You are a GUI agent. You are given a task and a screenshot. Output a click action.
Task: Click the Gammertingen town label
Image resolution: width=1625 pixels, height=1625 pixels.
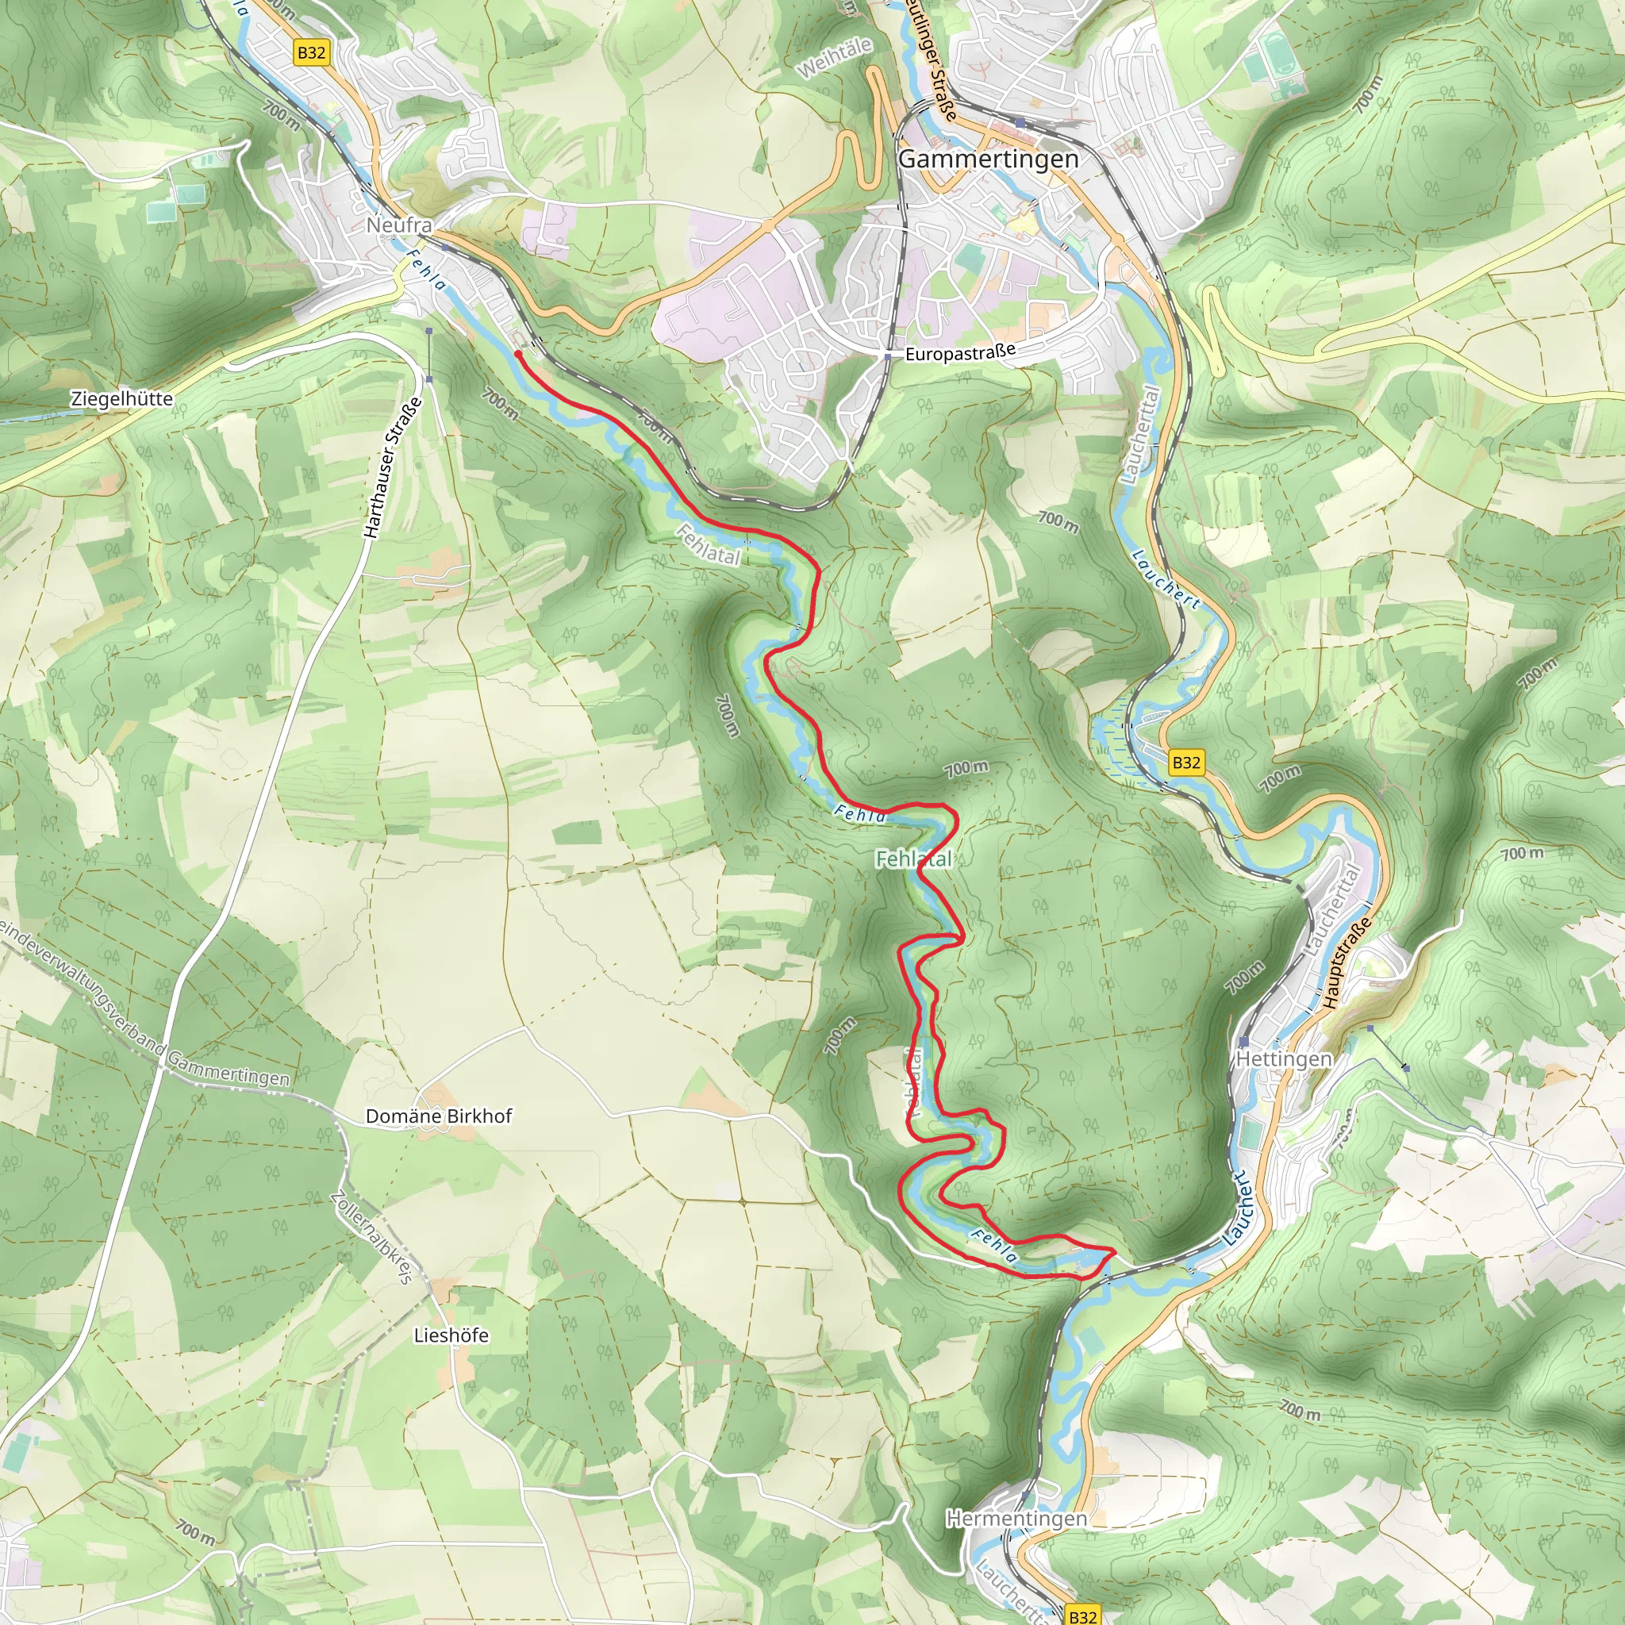(x=989, y=159)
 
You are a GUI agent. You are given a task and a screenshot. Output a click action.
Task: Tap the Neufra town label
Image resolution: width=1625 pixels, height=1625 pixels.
(x=398, y=225)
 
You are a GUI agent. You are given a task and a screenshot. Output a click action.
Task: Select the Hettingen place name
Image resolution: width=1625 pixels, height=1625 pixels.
(x=1285, y=1058)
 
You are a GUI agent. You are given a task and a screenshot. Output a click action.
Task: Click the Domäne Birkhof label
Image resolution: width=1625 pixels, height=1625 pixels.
(x=438, y=1116)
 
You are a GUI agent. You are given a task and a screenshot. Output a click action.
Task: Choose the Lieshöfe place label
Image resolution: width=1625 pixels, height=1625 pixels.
(x=451, y=1335)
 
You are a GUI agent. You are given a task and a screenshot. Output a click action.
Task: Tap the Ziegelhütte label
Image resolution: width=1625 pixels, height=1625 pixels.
(x=121, y=398)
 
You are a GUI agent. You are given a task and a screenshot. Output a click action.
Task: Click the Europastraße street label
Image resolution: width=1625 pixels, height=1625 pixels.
(x=960, y=353)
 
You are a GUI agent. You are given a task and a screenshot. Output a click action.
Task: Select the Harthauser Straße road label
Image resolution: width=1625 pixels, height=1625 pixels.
(x=392, y=468)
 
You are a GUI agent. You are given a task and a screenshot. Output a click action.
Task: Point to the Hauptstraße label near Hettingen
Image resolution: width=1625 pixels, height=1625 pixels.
(x=1346, y=964)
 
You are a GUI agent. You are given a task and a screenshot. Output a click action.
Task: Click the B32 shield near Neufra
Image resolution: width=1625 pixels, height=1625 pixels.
(x=311, y=53)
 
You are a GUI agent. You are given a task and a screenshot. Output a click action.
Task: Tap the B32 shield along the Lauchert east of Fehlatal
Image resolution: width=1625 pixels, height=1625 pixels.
(x=1186, y=762)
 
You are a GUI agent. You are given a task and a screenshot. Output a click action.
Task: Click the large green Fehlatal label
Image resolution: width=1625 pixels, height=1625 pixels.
(x=913, y=859)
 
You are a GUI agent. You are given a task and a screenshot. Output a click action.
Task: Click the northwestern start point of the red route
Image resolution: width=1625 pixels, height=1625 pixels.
(x=517, y=355)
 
